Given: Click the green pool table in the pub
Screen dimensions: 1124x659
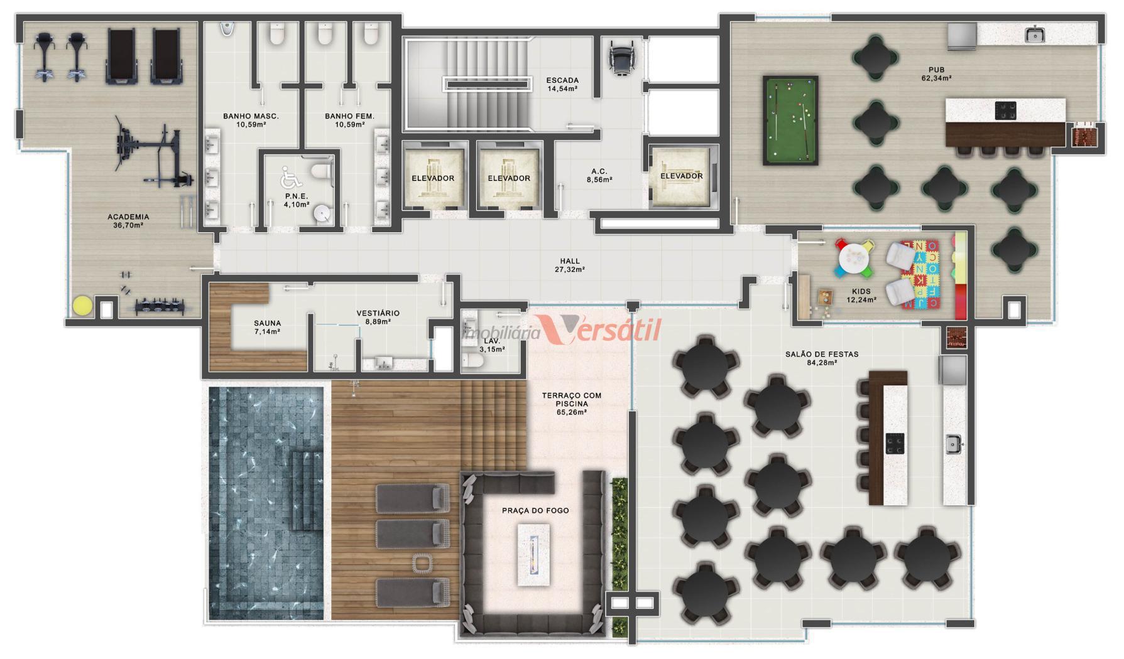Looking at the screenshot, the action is (790, 121).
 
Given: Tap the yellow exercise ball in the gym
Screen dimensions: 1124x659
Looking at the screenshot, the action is (82, 306).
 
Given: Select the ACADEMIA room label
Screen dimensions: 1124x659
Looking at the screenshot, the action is (128, 217).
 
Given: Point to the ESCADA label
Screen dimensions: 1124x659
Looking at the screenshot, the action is (562, 80).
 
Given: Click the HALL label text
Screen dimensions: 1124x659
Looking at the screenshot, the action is (570, 261).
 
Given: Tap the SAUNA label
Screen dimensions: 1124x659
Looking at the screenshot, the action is (268, 324).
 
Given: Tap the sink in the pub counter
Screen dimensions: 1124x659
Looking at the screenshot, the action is (1034, 35).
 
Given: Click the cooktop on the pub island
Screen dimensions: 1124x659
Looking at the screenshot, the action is (1005, 110).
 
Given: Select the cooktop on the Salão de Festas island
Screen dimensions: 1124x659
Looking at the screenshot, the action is (895, 443).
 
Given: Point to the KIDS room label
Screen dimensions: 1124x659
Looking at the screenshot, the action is (861, 292).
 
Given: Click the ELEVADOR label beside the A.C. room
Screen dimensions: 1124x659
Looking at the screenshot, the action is (681, 176).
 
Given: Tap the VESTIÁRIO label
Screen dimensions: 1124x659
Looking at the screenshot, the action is (378, 313).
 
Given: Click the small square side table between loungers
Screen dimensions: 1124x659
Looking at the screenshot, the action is (422, 563).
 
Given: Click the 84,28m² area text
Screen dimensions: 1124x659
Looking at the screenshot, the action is (822, 363).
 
